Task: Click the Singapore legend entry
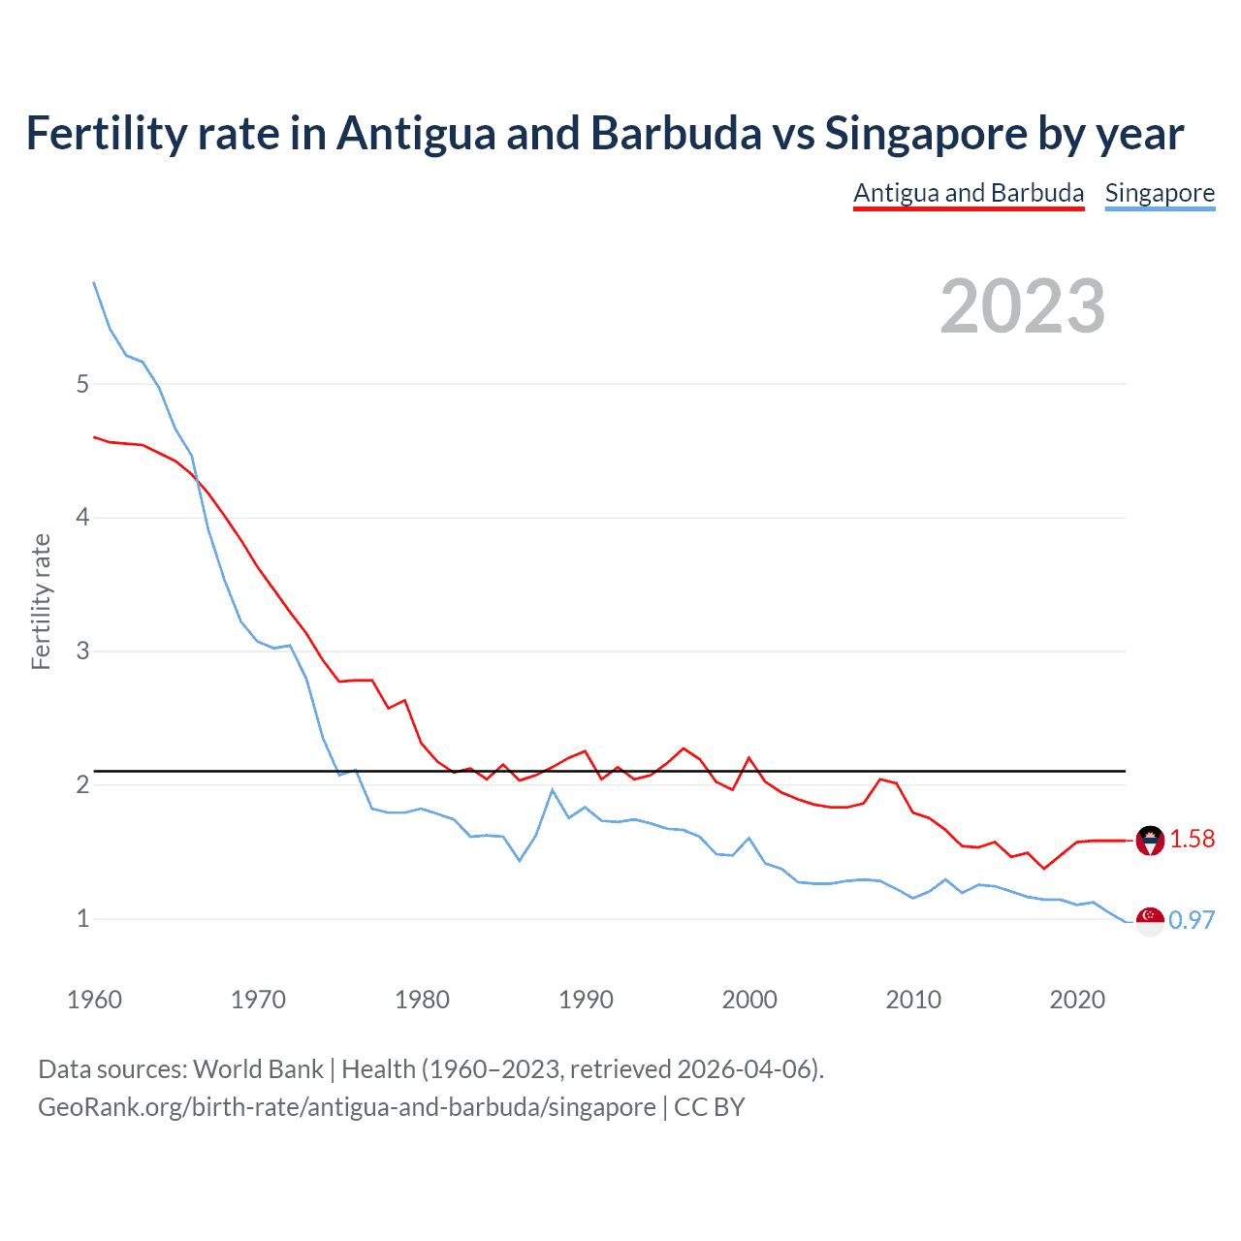pyautogui.click(x=1160, y=193)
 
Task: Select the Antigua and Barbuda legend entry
pyautogui.click(x=969, y=193)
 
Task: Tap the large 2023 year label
pyautogui.click(x=1023, y=306)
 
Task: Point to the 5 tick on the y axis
pyautogui.click(x=82, y=384)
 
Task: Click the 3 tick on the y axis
pyautogui.click(x=82, y=651)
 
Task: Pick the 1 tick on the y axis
pyautogui.click(x=82, y=918)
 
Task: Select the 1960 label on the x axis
pyautogui.click(x=94, y=1000)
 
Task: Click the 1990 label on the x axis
pyautogui.click(x=586, y=1000)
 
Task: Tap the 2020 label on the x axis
pyautogui.click(x=1077, y=1000)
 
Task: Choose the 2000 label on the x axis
pyautogui.click(x=749, y=1000)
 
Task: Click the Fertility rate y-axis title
pyautogui.click(x=41, y=601)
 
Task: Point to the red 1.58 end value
pyautogui.click(x=1192, y=840)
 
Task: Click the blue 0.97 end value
pyautogui.click(x=1192, y=920)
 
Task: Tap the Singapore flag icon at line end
pyautogui.click(x=1150, y=921)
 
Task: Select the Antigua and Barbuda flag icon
pyautogui.click(x=1150, y=840)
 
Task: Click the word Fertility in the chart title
pyautogui.click(x=106, y=133)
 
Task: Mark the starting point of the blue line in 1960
pyautogui.click(x=94, y=282)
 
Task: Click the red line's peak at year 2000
pyautogui.click(x=749, y=757)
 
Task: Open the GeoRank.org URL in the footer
pyautogui.click(x=346, y=1107)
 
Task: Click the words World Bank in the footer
pyautogui.click(x=258, y=1069)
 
